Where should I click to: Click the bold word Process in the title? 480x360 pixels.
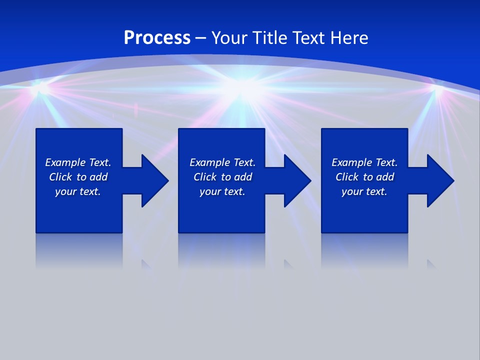[x=157, y=38]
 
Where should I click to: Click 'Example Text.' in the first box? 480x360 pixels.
[x=78, y=162]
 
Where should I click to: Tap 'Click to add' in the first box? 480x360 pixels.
[x=78, y=177]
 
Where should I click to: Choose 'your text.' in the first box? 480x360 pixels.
[x=78, y=191]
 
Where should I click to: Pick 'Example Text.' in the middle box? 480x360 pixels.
[x=222, y=162]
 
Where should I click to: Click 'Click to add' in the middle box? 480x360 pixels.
[x=222, y=177]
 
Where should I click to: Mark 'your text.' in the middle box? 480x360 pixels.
[x=222, y=191]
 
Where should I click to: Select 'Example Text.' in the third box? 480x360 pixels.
[x=364, y=162]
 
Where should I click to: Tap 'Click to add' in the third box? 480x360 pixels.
[x=364, y=177]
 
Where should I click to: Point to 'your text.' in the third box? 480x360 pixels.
[x=364, y=191]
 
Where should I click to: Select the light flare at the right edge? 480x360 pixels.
[x=438, y=90]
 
